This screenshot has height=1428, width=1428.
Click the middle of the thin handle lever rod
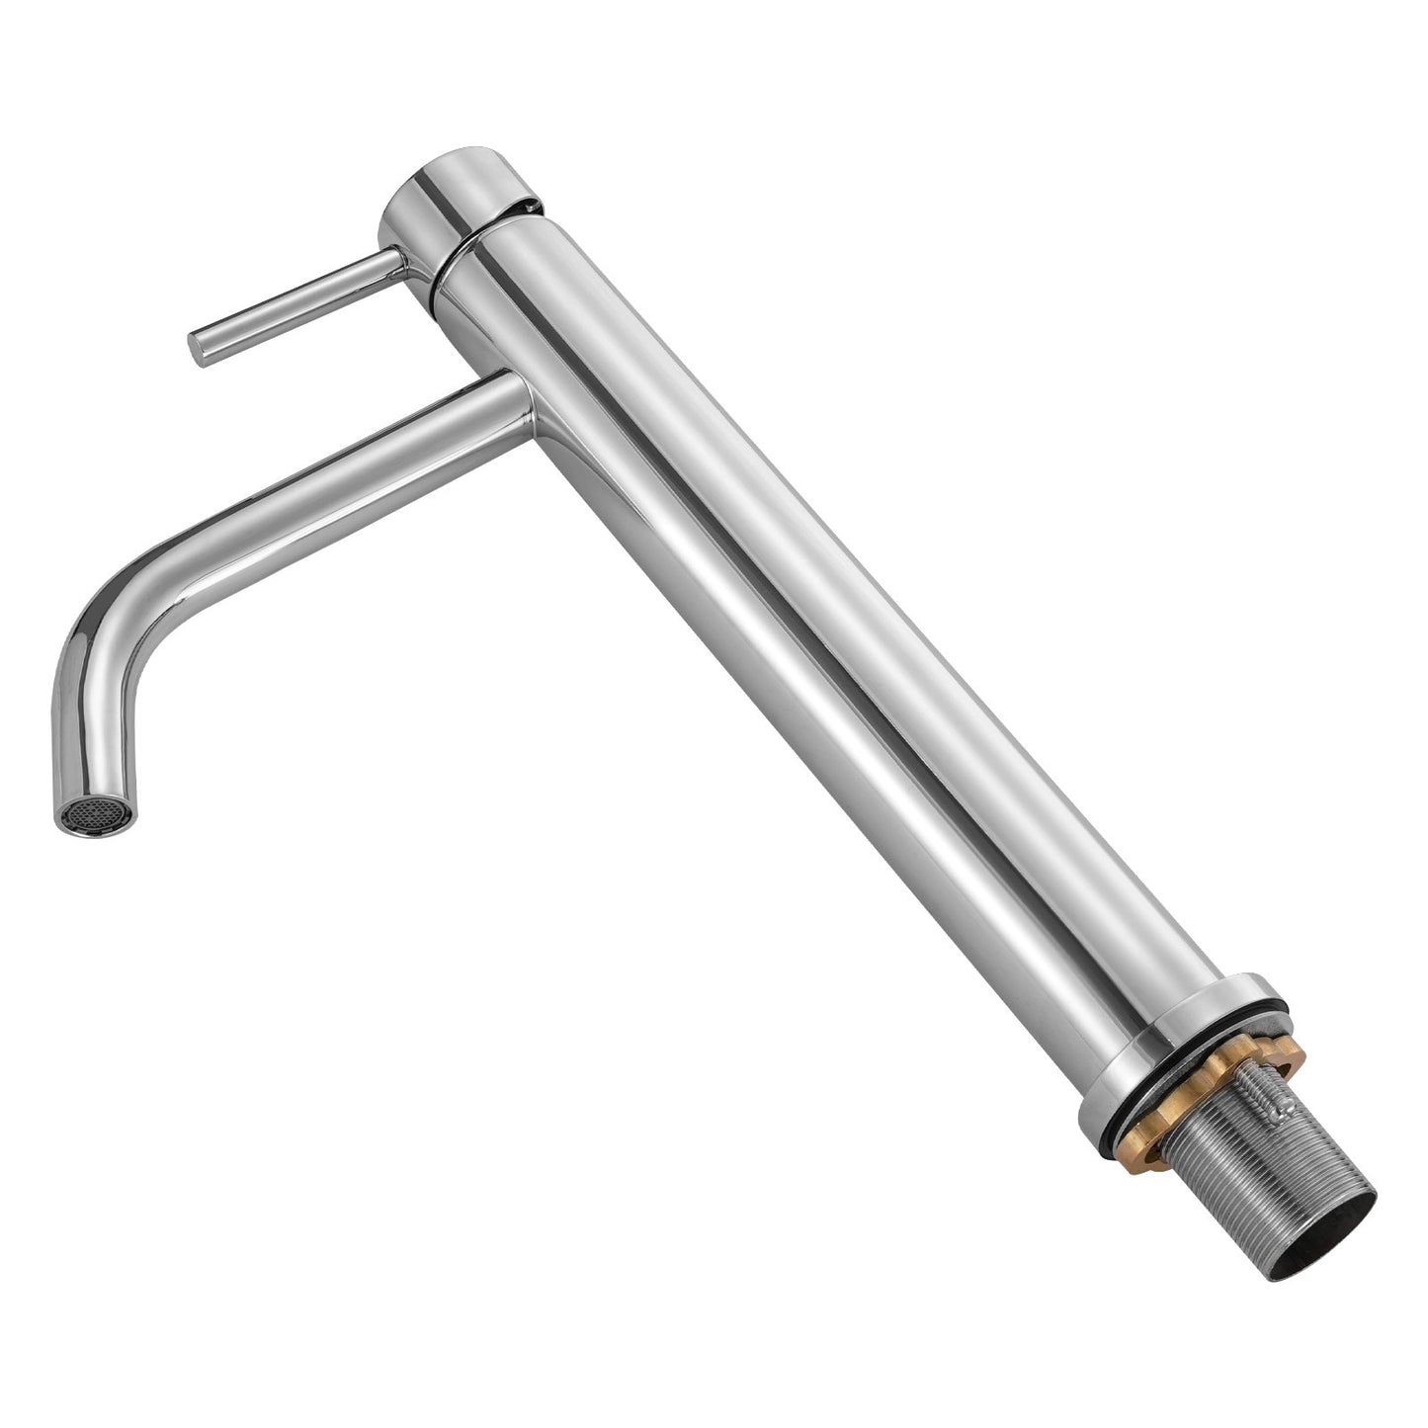click(296, 301)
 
